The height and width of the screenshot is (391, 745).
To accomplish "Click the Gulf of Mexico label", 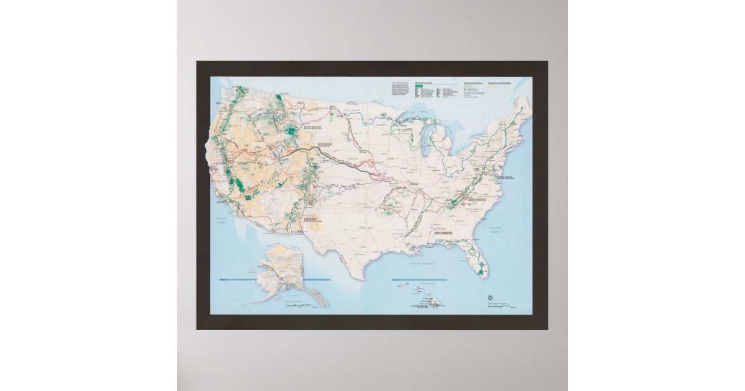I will point(420,263).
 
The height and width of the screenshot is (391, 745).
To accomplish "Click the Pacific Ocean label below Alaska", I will point(292,302).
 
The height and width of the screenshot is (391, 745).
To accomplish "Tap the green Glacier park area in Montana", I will point(280,97).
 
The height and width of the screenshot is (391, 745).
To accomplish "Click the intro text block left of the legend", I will point(399,88).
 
